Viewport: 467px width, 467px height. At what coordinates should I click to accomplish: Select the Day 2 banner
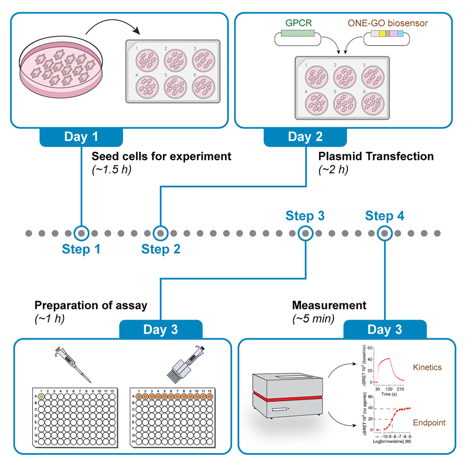pyautogui.click(x=305, y=137)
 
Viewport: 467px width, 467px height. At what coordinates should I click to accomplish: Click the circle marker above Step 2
pyautogui.click(x=161, y=233)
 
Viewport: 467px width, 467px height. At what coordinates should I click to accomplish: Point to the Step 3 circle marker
pyautogui.click(x=305, y=233)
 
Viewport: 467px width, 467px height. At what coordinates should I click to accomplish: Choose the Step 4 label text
pyautogui.click(x=384, y=216)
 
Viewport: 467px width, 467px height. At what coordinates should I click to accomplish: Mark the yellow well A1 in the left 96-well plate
pyautogui.click(x=41, y=397)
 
